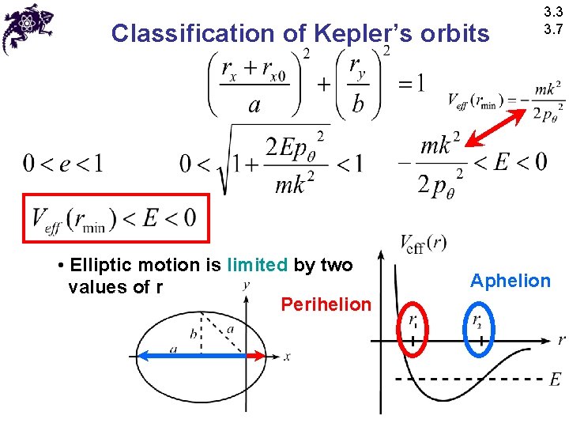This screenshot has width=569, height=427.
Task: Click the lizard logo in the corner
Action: tap(27, 28)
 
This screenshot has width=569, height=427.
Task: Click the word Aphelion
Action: tap(510, 280)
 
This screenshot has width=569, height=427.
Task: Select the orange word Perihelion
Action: tap(326, 304)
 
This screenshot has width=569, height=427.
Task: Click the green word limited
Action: tap(258, 265)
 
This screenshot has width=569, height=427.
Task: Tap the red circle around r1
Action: tap(413, 329)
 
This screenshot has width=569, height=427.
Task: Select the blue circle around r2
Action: tap(480, 329)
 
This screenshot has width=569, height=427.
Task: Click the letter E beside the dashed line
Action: tap(555, 380)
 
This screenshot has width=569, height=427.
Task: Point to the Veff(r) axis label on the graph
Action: tap(423, 244)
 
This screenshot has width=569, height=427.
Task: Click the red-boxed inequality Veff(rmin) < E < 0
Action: tap(115, 217)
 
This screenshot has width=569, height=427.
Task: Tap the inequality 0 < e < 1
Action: tap(62, 164)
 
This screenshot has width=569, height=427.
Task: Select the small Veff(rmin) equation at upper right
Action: tap(506, 100)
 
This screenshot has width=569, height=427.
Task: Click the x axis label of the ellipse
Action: tap(287, 357)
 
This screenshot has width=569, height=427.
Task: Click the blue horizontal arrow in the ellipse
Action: tap(190, 357)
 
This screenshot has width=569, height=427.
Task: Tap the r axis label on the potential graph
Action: tap(560, 340)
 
